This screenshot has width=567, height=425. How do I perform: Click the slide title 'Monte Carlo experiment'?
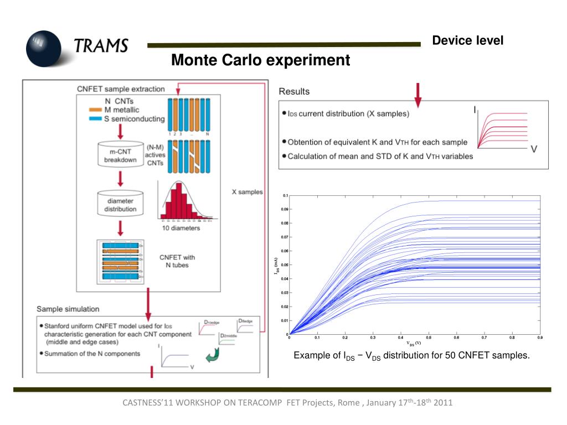(260, 60)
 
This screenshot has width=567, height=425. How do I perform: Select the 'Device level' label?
(468, 40)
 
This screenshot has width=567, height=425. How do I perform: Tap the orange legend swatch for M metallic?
(95, 110)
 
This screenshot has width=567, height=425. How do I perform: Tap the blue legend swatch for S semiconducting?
(95, 118)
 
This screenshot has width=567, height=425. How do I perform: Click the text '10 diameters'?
(181, 228)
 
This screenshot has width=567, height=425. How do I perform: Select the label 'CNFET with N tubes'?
(177, 261)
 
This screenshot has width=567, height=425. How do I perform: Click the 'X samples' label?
(247, 191)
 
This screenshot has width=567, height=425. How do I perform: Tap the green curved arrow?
(212, 357)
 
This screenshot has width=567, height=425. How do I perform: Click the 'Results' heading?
(294, 91)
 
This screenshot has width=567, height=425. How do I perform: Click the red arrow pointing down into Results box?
(418, 95)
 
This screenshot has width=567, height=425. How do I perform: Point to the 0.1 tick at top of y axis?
(285, 195)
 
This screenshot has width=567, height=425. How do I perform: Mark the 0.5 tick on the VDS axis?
(429, 337)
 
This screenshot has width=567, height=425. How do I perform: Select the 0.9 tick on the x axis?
(540, 337)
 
